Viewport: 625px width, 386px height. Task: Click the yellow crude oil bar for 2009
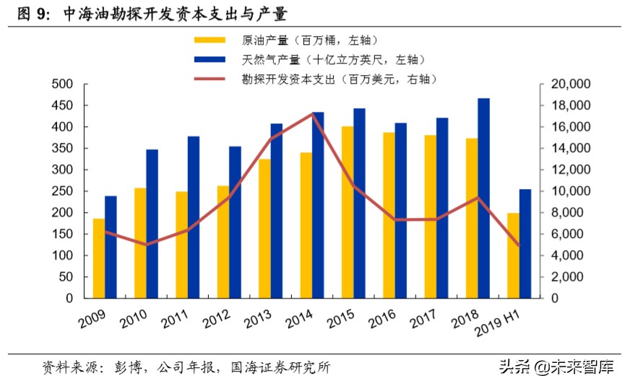[x=98, y=258]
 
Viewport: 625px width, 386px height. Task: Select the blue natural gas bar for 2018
[x=483, y=198]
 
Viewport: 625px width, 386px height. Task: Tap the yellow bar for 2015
[x=348, y=212]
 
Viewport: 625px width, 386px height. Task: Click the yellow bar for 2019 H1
[x=513, y=255]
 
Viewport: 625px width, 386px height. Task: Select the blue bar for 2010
[x=152, y=224]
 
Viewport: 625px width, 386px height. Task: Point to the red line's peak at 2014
[x=312, y=113]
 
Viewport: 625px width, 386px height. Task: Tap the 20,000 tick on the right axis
[x=573, y=84]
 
